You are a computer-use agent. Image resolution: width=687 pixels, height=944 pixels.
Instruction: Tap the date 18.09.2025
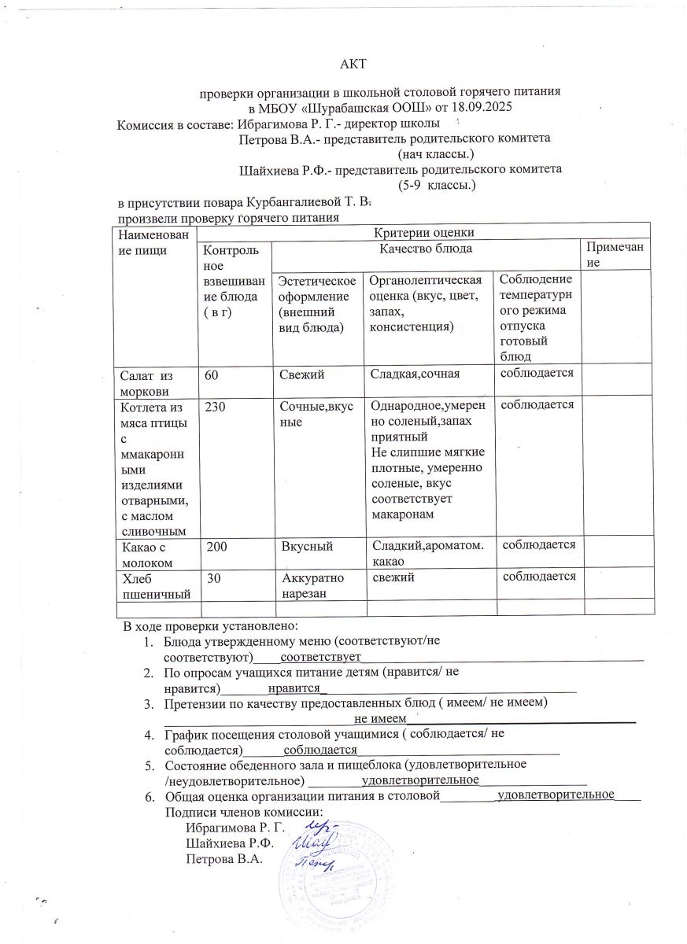click(489, 108)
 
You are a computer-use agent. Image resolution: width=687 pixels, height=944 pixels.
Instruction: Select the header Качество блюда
click(426, 249)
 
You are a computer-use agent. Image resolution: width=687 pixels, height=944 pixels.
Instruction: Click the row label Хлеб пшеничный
click(153, 585)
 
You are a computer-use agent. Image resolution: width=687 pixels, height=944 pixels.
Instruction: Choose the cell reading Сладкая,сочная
click(415, 374)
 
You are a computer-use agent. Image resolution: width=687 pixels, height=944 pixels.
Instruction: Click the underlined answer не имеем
click(379, 717)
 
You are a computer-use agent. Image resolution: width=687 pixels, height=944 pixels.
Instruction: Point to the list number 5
click(147, 764)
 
